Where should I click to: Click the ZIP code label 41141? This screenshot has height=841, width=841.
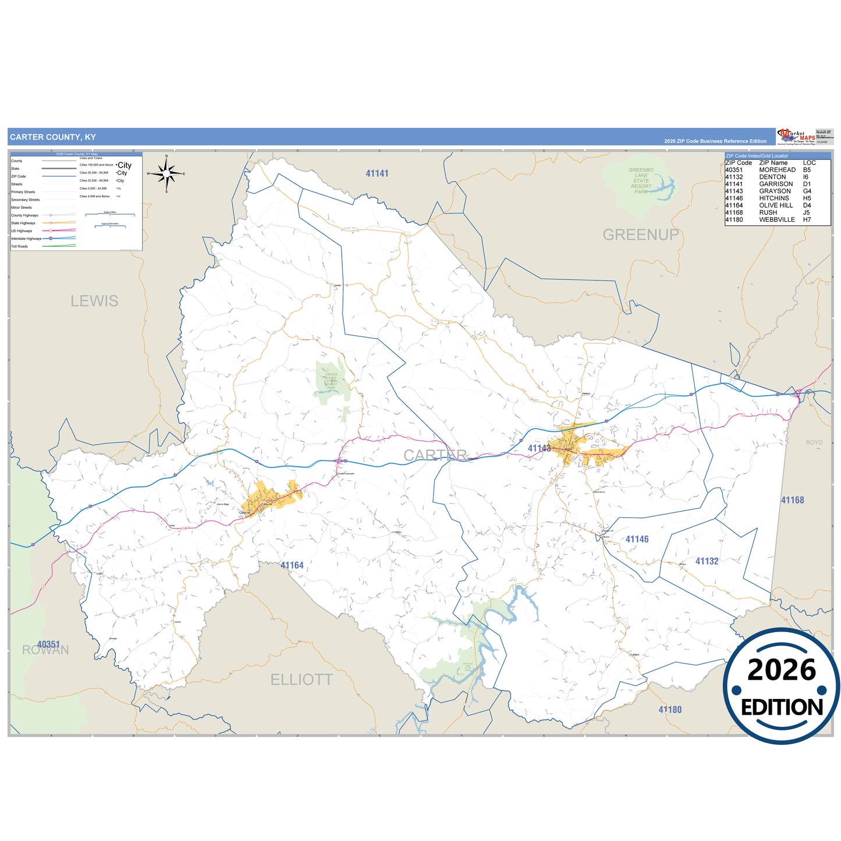(377, 173)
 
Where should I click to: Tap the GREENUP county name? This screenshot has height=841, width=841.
(640, 235)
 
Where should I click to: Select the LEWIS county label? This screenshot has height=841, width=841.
(94, 301)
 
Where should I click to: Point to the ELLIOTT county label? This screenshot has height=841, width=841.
(301, 679)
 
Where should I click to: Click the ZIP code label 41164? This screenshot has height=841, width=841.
(292, 565)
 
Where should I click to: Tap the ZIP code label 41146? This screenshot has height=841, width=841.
(637, 539)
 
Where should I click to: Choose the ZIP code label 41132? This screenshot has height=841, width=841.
(707, 561)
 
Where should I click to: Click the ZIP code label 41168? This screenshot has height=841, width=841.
(792, 500)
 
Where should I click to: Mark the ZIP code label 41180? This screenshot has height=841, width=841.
(670, 709)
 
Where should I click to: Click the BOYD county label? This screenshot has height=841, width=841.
(814, 442)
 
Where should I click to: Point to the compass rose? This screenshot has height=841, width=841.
(166, 173)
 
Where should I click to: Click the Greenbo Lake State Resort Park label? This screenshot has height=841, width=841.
(641, 180)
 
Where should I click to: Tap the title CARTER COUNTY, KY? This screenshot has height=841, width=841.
(53, 137)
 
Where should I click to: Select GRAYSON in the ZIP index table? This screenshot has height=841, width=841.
(775, 191)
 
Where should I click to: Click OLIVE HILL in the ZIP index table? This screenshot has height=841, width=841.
(776, 205)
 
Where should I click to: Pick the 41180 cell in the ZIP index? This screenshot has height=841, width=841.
(734, 219)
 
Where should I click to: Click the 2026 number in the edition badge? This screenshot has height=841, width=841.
(782, 670)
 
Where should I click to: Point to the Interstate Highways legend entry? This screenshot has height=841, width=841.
(26, 239)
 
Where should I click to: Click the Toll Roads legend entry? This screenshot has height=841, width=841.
(19, 246)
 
